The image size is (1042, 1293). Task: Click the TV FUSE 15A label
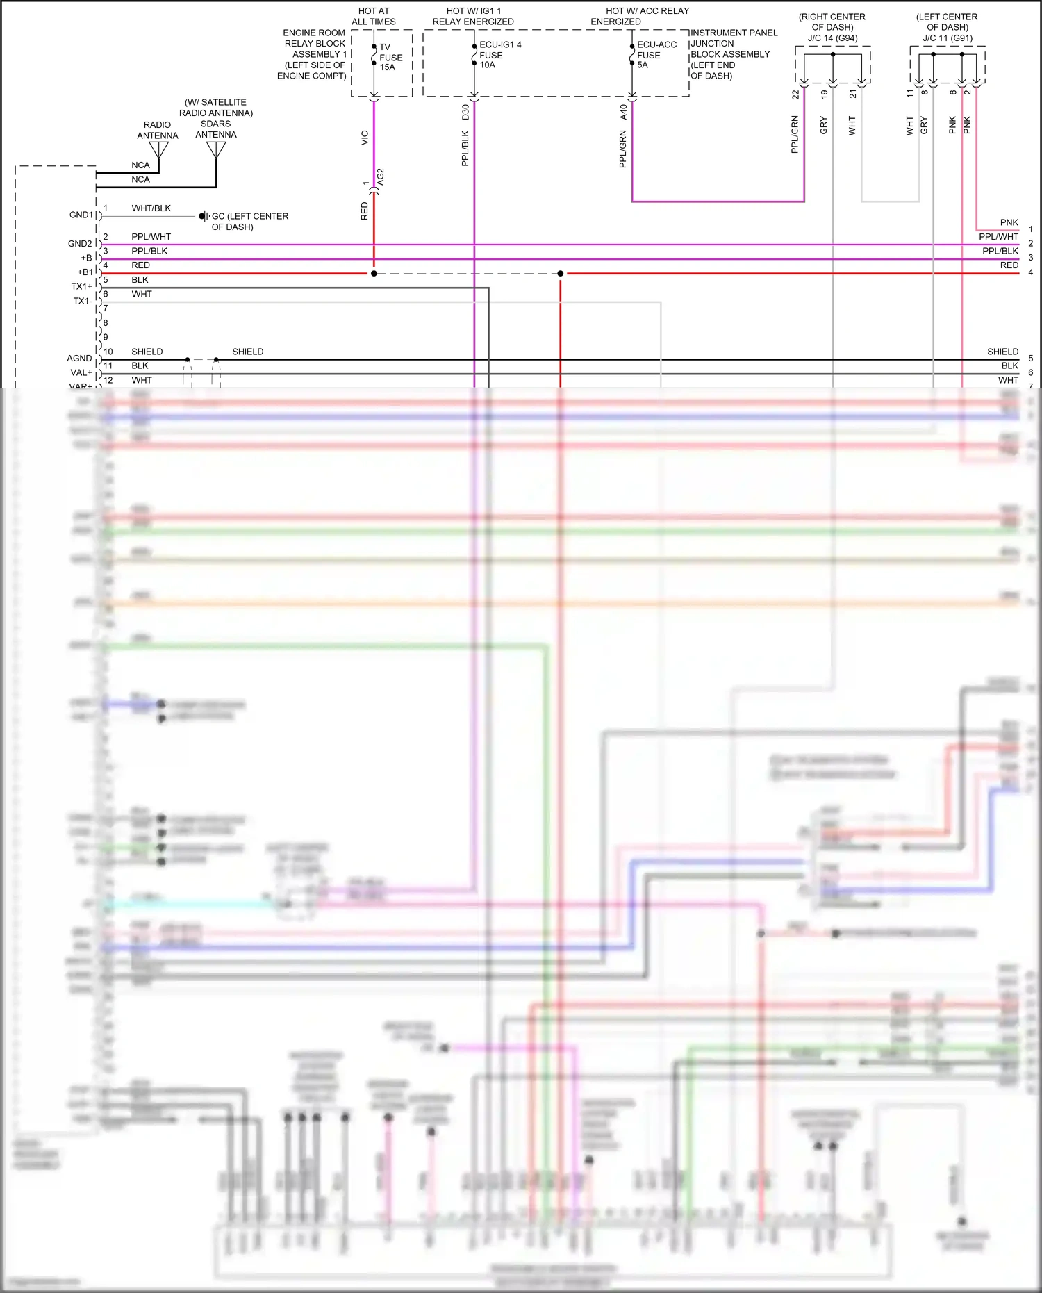point(390,57)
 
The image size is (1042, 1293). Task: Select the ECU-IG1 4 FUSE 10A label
point(499,54)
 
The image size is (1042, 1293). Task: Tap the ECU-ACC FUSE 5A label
point(656,54)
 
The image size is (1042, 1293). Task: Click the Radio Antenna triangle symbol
point(159,149)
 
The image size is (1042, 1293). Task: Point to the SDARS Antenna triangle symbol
point(216,149)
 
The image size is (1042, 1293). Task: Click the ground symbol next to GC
point(204,216)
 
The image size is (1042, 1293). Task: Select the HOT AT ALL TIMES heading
point(374,16)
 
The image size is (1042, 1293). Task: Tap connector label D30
point(465,112)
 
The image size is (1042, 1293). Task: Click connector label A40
point(623,112)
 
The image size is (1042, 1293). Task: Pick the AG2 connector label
point(381,176)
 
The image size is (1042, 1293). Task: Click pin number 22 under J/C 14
point(795,94)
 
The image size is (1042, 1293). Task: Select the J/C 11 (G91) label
point(948,38)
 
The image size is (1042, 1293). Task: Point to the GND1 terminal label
point(81,215)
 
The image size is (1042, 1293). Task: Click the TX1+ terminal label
point(81,286)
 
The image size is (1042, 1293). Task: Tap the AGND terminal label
point(79,358)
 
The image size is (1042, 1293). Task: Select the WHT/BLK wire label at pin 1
point(151,208)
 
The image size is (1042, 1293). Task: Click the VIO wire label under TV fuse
point(365,138)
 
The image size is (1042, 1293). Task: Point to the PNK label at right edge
point(1009,222)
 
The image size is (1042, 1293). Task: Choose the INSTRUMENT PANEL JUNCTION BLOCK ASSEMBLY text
point(734,53)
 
